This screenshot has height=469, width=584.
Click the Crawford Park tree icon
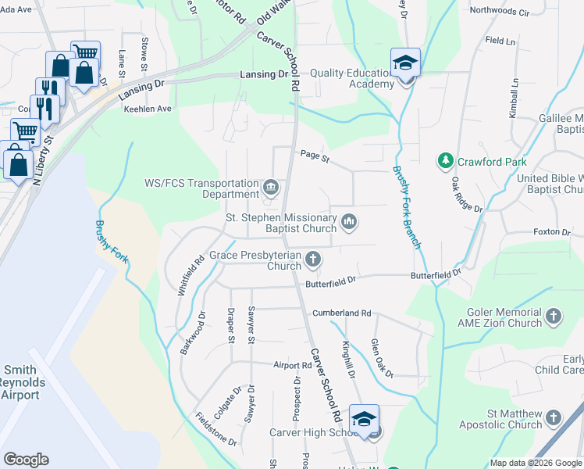[445, 161]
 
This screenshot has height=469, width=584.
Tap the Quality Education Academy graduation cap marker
[405, 63]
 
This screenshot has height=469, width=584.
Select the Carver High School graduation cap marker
[364, 420]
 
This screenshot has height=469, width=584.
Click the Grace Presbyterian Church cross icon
[313, 259]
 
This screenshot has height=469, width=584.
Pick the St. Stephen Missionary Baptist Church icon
[349, 224]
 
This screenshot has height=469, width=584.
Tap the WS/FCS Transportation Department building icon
[271, 187]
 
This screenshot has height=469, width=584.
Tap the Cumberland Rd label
[341, 313]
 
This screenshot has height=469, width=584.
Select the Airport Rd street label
[293, 365]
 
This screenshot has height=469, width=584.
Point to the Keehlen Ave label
[148, 109]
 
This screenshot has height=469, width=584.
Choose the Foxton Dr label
[551, 232]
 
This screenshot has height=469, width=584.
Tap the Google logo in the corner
[26, 460]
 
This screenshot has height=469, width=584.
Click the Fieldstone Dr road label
[216, 429]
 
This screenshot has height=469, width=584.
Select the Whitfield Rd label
[185, 270]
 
